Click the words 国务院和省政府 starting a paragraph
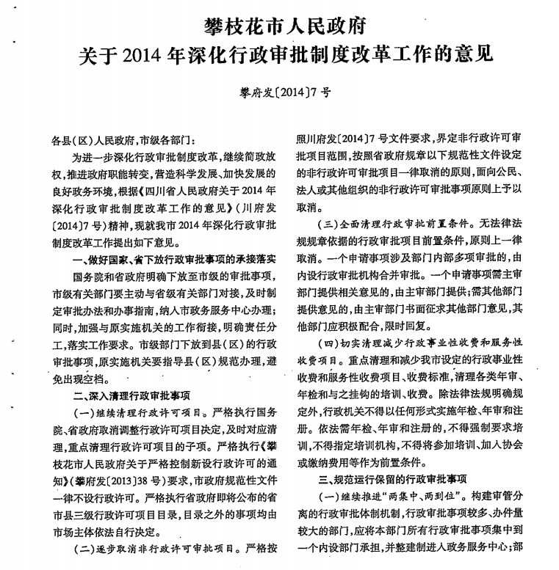111,278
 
